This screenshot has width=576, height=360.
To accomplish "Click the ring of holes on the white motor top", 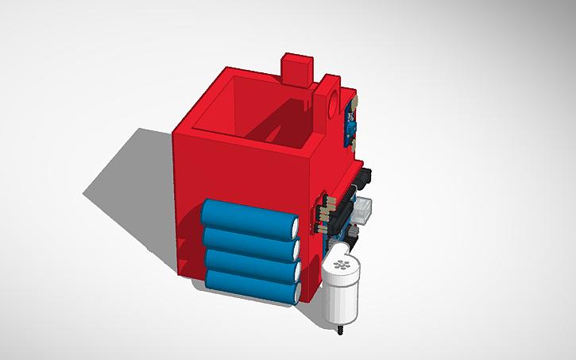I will (x=342, y=263).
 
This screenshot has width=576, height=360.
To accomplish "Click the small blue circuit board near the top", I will (x=350, y=127).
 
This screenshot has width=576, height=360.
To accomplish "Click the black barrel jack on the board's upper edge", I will (x=366, y=175).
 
